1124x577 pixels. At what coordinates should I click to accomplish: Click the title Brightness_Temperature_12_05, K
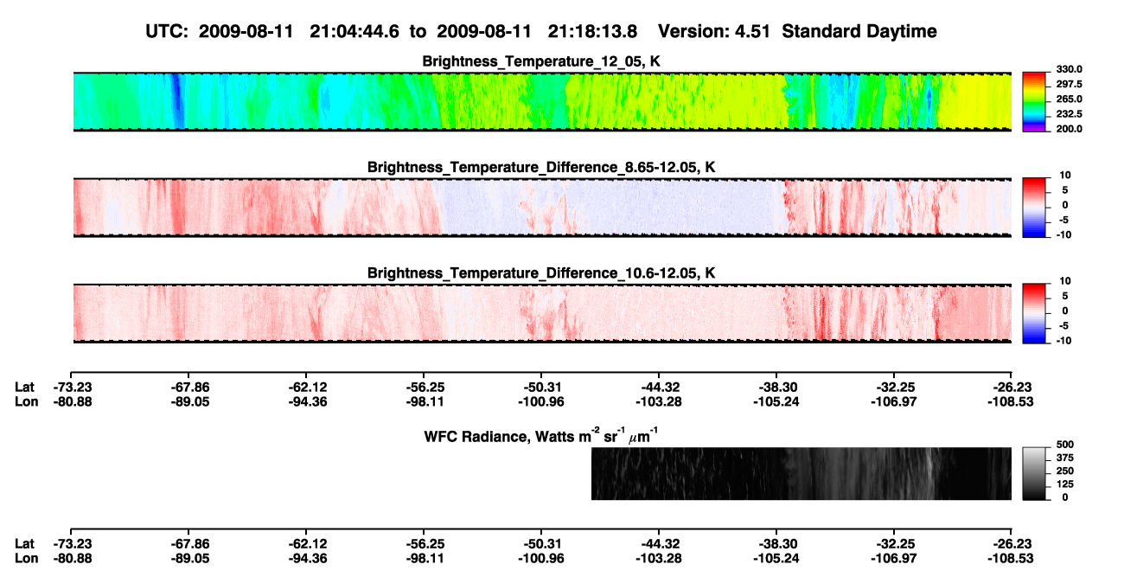point(541,61)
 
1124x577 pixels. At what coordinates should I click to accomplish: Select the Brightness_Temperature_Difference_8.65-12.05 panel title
point(541,167)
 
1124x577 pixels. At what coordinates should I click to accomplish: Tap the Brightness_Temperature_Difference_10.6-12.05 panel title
point(541,273)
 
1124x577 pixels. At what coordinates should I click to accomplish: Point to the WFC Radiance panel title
point(541,436)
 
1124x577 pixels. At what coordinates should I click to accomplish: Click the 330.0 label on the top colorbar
point(1069,69)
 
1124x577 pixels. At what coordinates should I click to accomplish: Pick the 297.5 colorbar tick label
point(1069,85)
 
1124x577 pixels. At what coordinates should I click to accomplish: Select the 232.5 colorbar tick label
point(1069,114)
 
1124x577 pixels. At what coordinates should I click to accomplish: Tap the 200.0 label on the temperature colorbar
point(1069,129)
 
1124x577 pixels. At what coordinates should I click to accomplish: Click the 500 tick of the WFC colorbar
point(1064,445)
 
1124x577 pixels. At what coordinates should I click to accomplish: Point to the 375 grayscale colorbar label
point(1064,458)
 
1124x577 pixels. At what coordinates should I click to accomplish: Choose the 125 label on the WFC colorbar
point(1064,484)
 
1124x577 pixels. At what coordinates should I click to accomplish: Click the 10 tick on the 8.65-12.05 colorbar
point(1065,176)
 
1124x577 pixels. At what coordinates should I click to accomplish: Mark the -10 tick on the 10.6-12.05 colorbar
point(1063,341)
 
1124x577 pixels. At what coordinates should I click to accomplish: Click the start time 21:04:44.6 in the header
point(354,32)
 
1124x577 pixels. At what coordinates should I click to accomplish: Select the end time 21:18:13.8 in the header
point(592,32)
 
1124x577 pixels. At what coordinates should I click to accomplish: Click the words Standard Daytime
point(859,32)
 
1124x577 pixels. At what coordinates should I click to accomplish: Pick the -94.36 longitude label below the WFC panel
point(308,559)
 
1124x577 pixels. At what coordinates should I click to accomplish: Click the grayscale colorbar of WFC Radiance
point(1034,473)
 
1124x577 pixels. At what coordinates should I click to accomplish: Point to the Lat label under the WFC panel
point(24,544)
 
